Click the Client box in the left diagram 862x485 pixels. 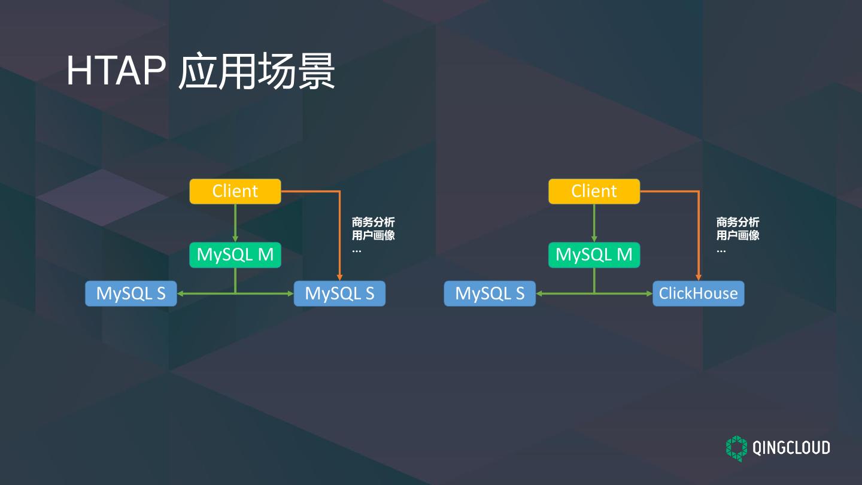tap(235, 191)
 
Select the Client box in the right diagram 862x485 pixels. tap(594, 191)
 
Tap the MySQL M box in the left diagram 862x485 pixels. tap(235, 255)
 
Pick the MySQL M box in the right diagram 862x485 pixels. tap(594, 255)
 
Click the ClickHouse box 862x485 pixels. tap(698, 293)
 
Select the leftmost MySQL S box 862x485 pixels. tap(130, 293)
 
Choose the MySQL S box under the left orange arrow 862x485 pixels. tap(339, 293)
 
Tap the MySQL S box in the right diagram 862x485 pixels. tap(490, 293)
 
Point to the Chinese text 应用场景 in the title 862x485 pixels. tap(256, 71)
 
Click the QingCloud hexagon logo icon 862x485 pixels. tap(737, 448)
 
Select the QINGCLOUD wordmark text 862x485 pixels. tap(791, 448)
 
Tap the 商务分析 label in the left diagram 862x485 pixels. tap(373, 222)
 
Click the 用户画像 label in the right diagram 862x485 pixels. tap(737, 235)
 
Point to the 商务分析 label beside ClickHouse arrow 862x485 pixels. tap(737, 222)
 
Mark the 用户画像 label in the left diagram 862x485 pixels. tap(373, 235)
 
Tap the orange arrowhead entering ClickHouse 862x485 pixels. tap(699, 277)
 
